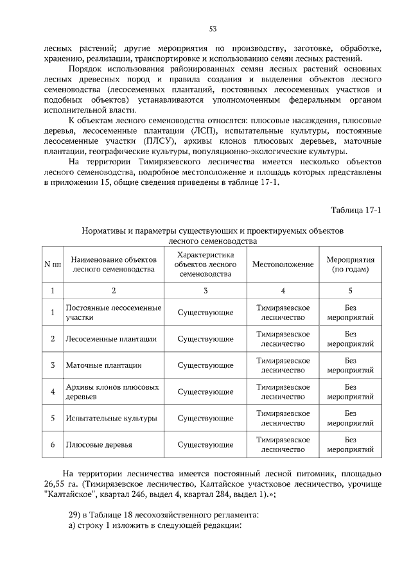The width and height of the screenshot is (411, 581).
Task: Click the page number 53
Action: pos(212,28)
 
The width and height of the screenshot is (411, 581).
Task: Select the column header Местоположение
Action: pos(283,264)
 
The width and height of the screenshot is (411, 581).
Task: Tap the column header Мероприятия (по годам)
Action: pos(350,264)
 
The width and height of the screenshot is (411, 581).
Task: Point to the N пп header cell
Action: pos(52,264)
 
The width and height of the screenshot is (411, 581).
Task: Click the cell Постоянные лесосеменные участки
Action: pos(113,313)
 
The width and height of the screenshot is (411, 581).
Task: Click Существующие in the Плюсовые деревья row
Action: pos(205,445)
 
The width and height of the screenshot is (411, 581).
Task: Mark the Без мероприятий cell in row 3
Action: pos(350,365)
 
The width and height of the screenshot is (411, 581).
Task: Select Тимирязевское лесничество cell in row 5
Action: pos(283,419)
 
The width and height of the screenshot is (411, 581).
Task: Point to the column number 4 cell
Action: pos(283,291)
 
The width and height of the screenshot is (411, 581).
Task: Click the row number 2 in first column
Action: pos(52,339)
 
